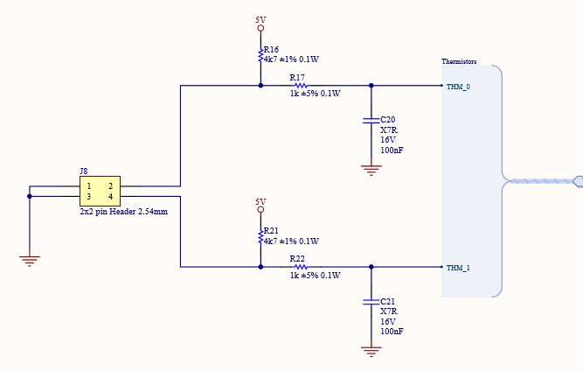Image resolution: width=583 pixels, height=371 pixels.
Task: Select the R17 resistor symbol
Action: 301,86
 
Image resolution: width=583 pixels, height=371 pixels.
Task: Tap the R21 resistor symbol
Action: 260,237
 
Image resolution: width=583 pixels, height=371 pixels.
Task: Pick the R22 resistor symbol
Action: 301,267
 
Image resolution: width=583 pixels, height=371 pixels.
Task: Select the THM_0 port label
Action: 458,87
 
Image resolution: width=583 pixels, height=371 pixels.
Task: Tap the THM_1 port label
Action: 458,268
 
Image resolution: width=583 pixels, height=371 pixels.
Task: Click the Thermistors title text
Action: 459,61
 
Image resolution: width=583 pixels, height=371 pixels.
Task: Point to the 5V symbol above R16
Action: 260,24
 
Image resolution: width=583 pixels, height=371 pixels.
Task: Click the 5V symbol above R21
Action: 260,206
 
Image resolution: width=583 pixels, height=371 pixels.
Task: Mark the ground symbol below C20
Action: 371,170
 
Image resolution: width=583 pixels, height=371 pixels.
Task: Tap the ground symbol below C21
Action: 371,351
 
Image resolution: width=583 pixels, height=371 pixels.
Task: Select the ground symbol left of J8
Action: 30,260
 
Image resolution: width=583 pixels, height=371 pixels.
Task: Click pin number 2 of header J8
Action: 111,186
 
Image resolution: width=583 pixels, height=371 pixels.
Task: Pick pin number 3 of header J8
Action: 89,197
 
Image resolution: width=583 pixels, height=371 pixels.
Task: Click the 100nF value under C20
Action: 392,150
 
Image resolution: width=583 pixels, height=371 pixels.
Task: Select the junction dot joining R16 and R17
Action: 260,86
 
